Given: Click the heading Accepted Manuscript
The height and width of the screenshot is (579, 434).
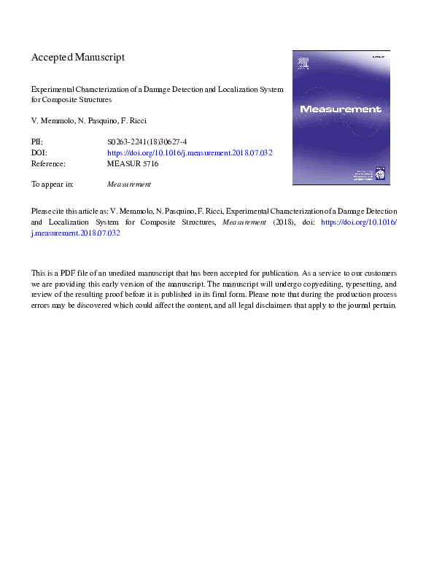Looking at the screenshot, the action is click(78, 57).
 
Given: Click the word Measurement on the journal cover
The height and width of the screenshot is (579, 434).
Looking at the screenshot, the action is click(341, 109).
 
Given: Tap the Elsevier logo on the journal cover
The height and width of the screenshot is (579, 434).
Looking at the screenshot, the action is click(301, 65).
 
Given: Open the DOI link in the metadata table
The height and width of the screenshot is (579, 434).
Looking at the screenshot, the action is click(190, 153).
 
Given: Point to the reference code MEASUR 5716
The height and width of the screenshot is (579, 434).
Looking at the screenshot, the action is click(133, 164).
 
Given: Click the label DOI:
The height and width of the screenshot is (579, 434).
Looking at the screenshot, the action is click(39, 153).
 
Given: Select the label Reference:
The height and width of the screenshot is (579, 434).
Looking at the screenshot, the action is click(49, 164).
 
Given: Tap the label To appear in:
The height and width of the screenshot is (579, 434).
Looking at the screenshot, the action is click(53, 184).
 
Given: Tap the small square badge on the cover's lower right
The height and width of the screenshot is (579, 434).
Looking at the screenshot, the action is click(379, 174).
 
